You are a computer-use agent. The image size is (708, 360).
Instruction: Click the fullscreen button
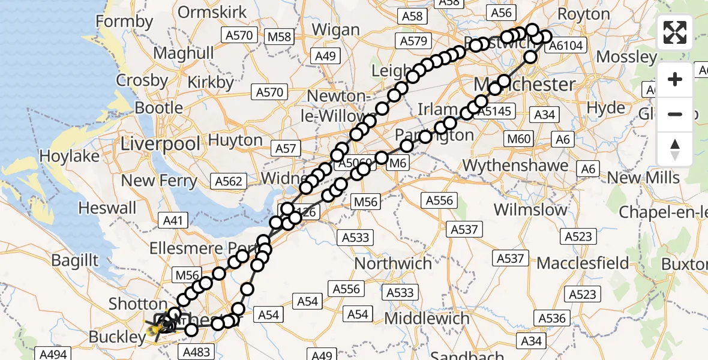pyautogui.click(x=675, y=32)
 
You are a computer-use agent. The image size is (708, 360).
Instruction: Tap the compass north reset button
pyautogui.click(x=675, y=149)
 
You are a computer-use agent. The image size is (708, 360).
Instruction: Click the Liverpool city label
pyautogui.click(x=161, y=144)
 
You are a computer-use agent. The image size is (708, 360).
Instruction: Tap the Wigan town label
pyautogui.click(x=336, y=29)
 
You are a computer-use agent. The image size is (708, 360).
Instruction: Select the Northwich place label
pyautogui.click(x=393, y=263)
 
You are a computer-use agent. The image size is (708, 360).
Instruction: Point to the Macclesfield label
pyautogui.click(x=583, y=263)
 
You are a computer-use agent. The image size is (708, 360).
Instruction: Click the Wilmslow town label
pyautogui.click(x=530, y=209)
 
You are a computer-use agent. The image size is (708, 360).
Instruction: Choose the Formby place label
pyautogui.click(x=125, y=22)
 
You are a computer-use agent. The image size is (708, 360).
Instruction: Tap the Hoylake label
pyautogui.click(x=70, y=156)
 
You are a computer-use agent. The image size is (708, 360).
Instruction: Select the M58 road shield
pyautogui.click(x=280, y=37)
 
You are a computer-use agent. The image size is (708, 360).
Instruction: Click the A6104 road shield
pyautogui.click(x=566, y=46)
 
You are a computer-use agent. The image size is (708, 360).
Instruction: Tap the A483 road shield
pyautogui.click(x=195, y=352)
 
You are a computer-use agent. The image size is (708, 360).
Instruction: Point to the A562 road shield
pyautogui.click(x=229, y=181)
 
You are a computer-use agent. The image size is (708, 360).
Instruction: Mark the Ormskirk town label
pyautogui.click(x=212, y=12)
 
